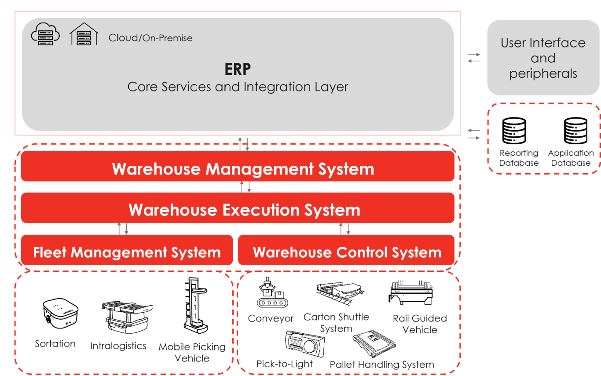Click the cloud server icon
45,34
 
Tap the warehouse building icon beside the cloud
84,34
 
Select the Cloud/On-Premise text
150,38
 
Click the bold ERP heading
238,69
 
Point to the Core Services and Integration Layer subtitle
238,87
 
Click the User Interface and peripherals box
543,58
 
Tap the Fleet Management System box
127,252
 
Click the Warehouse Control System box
347,252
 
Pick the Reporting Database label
519,158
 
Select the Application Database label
571,158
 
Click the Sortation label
55,344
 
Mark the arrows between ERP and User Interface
473,58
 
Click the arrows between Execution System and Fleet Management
123,229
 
